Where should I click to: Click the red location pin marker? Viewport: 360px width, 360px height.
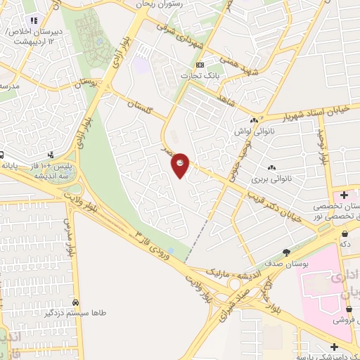point(181,165)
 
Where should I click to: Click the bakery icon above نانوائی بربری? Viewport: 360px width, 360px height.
point(271,167)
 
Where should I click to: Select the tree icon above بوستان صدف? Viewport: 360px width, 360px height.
point(286,252)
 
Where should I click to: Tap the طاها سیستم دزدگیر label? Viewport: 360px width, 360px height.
point(77,314)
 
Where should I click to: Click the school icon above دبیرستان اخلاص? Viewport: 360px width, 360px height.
point(33,19)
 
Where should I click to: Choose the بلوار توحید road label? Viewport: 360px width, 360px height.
point(323,148)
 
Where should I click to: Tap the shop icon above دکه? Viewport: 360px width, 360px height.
point(345,233)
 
